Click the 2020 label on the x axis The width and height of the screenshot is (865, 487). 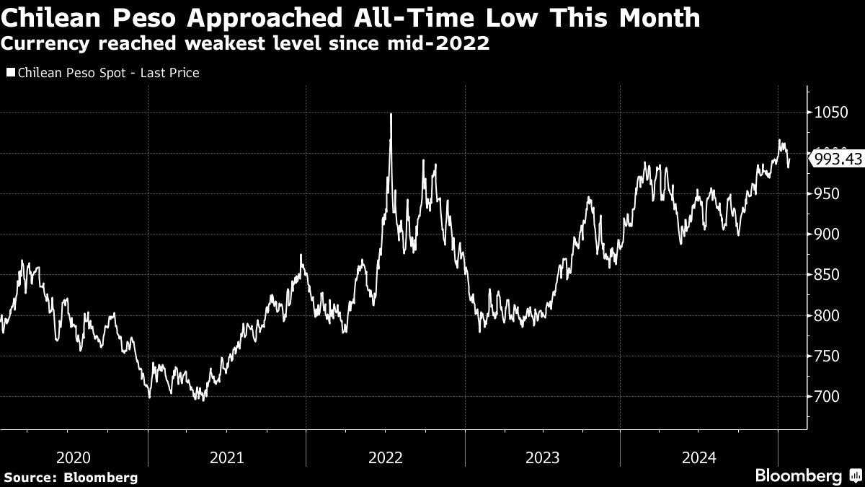click(73, 457)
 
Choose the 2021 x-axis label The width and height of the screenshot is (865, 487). click(227, 457)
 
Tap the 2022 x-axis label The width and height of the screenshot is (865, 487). click(386, 457)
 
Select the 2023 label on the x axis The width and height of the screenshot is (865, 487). click(542, 457)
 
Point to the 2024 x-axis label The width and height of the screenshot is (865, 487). click(699, 457)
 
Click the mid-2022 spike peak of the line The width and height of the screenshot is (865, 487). click(391, 114)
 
